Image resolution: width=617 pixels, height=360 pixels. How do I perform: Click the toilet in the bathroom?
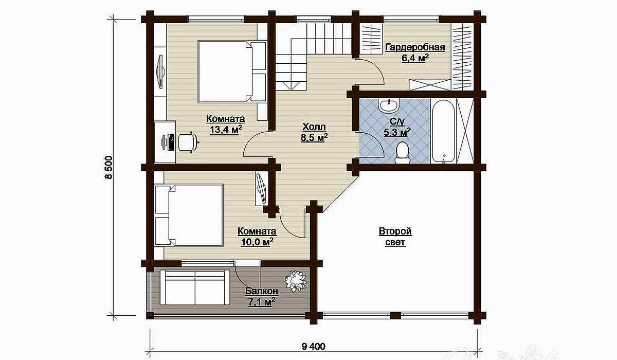pyautogui.click(x=402, y=153)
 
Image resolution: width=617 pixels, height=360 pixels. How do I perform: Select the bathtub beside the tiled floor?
pyautogui.click(x=443, y=131)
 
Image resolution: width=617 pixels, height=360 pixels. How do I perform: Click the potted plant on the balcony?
pyautogui.click(x=296, y=281)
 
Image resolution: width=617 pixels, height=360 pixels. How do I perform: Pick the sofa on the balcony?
pyautogui.click(x=195, y=287)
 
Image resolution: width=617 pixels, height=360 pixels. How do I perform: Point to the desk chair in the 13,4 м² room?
pyautogui.click(x=188, y=142)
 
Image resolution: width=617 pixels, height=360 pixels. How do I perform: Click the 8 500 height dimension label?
pyautogui.click(x=109, y=168)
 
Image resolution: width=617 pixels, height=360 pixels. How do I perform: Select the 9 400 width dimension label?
pyautogui.click(x=313, y=346)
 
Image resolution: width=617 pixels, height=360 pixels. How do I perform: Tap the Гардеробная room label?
pyautogui.click(x=415, y=47)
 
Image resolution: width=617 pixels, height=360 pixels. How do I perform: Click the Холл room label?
pyautogui.click(x=314, y=127)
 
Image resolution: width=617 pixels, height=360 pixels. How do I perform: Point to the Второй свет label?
pyautogui.click(x=395, y=237)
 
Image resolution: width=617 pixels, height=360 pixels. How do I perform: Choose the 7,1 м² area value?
pyautogui.click(x=262, y=302)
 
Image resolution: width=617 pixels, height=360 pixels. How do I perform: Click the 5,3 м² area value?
pyautogui.click(x=397, y=132)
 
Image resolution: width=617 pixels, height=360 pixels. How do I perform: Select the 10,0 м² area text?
pyautogui.click(x=257, y=242)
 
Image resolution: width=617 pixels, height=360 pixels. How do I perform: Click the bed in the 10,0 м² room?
pyautogui.click(x=189, y=215)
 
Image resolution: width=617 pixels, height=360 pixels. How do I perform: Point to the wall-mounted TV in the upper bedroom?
pyautogui.click(x=160, y=71)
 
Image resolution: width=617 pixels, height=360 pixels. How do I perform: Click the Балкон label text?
pyautogui.click(x=262, y=291)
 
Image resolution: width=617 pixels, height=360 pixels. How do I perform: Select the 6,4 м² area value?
pyautogui.click(x=415, y=58)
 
